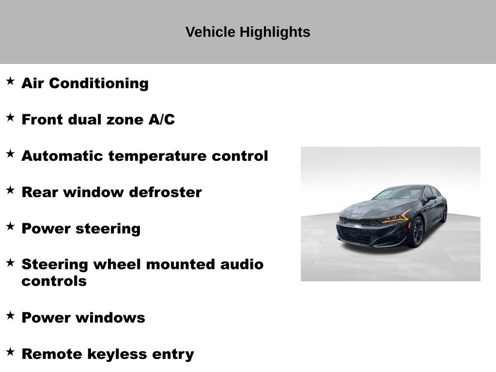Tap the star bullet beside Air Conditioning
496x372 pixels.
10,81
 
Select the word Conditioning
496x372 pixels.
99,83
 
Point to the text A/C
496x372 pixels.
162,120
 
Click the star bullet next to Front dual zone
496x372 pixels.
10,117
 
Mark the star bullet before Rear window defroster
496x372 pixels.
10,190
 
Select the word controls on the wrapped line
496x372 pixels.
54,281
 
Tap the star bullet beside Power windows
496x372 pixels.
10,315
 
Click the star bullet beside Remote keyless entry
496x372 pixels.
10,352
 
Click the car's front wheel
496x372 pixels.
418,232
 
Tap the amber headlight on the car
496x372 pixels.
395,218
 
